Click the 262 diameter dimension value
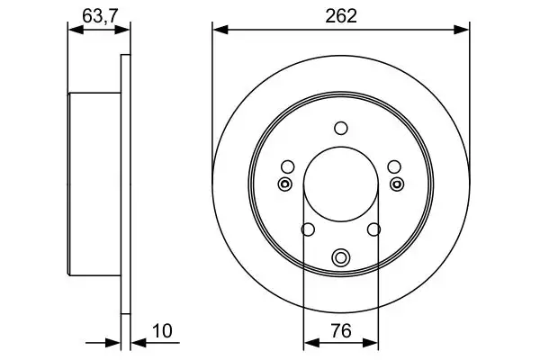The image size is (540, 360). (x=341, y=16)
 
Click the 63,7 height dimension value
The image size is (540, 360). (x=100, y=16)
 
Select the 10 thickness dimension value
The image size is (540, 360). (x=162, y=331)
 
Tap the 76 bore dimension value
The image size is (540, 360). (x=341, y=330)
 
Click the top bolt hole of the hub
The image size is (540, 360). (x=341, y=128)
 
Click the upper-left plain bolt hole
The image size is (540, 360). (x=288, y=167)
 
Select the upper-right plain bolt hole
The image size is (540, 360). (x=394, y=167)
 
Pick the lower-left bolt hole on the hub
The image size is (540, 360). (x=308, y=229)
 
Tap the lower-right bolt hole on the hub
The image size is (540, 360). (x=374, y=229)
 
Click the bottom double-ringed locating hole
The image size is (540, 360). (x=341, y=257)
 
